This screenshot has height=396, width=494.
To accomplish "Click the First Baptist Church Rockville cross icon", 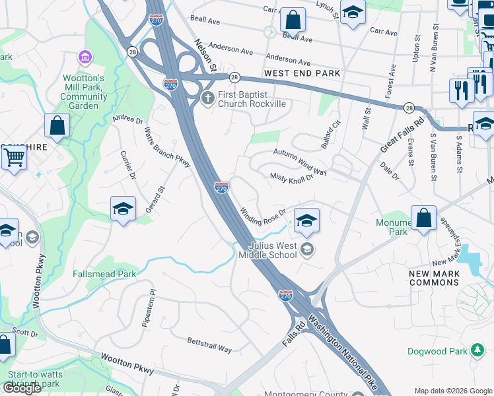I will (207, 98).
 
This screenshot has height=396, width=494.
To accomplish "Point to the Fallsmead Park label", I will (104, 274).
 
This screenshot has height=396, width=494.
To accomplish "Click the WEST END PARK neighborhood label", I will (302, 73).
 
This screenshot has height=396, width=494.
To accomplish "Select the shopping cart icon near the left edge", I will (13, 157).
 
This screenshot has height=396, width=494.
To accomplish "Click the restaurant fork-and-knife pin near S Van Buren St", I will (460, 90).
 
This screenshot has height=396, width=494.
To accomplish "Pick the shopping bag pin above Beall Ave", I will (293, 19).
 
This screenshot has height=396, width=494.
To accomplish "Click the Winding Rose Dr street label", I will (262, 216).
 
